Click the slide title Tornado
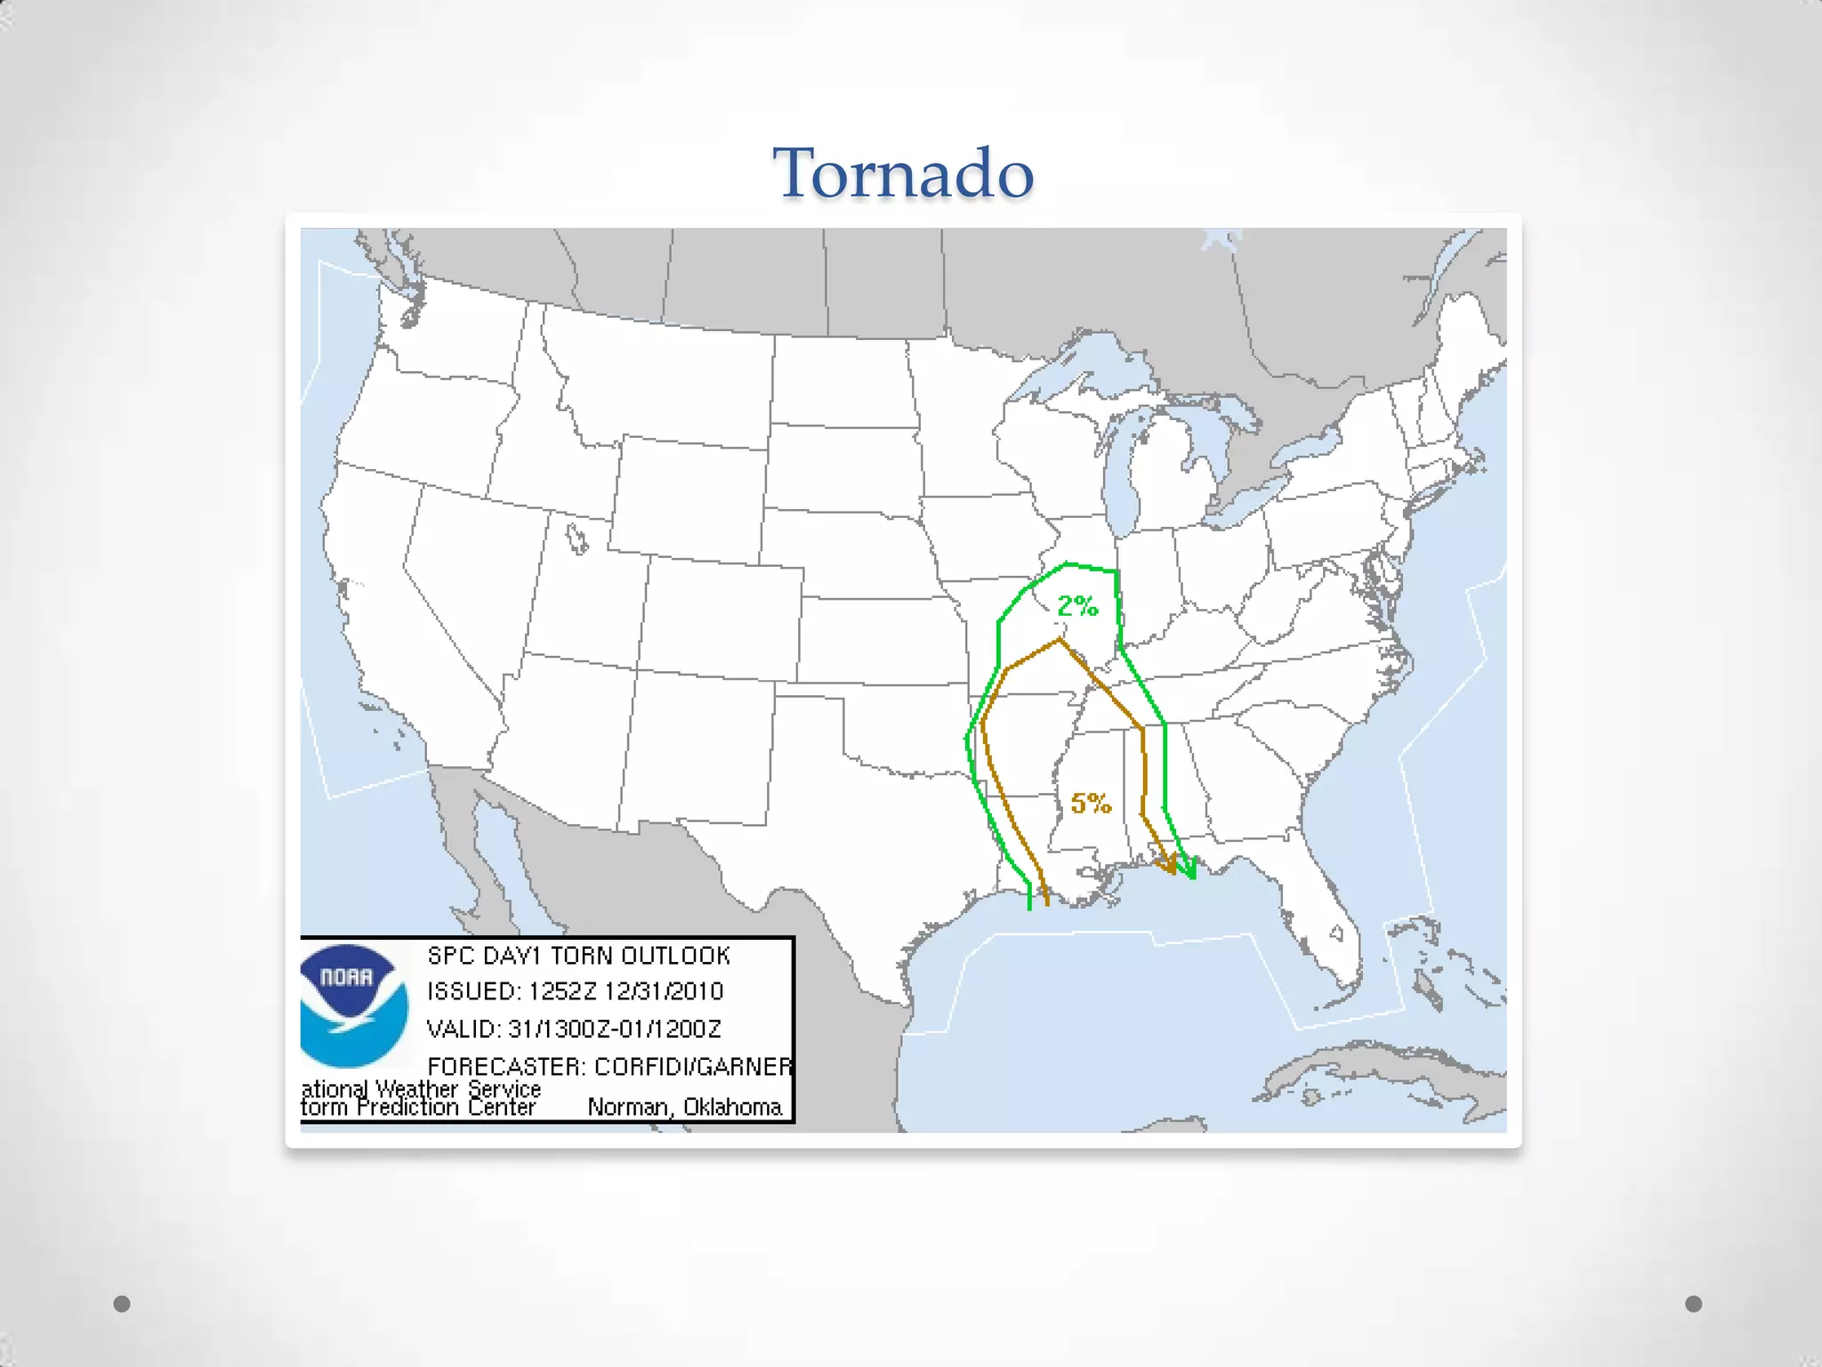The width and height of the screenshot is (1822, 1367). point(903,173)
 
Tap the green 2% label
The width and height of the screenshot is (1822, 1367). point(1077,607)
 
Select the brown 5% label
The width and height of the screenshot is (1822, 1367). point(1091,804)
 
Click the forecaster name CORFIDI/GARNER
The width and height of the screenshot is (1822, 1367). point(693,1066)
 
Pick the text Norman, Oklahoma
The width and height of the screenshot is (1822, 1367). point(684,1107)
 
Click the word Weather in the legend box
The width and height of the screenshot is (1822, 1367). point(416,1089)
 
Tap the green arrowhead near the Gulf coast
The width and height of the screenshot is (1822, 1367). point(1189,870)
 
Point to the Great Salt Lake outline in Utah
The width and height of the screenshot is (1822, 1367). point(577,538)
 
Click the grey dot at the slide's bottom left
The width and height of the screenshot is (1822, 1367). point(123,1304)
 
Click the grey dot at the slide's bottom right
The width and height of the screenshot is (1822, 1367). point(1694,1304)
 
